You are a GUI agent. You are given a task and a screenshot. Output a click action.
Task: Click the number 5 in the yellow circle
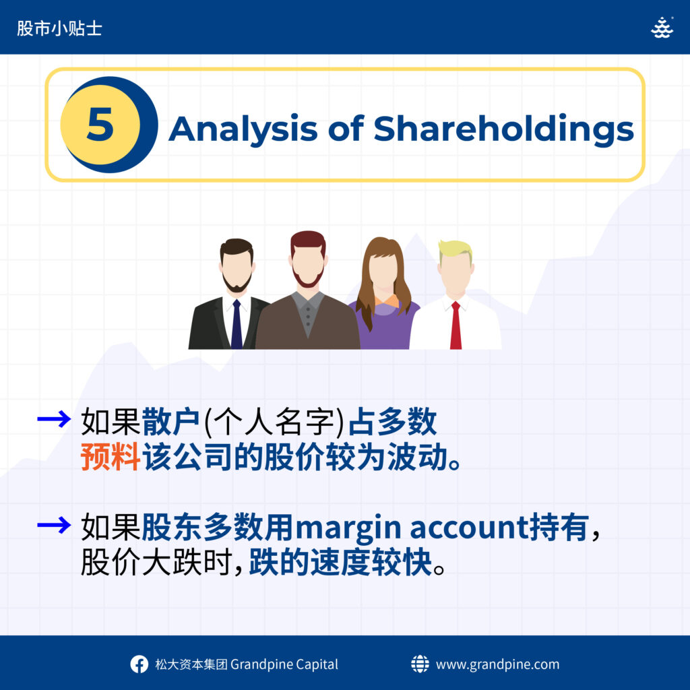point(100,124)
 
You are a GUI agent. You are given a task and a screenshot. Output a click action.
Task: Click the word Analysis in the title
point(243,130)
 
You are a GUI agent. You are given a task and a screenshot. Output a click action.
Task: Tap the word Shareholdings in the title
point(504,130)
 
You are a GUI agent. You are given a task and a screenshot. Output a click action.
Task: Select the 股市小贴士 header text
point(59,28)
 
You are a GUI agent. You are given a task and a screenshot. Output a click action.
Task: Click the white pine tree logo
point(662,28)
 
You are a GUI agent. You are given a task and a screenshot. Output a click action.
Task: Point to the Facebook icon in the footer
point(139,664)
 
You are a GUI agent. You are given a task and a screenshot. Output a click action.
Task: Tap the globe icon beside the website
point(420,664)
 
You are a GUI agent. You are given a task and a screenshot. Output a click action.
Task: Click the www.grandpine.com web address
point(497,664)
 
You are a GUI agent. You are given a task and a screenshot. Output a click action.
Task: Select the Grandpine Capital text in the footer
point(284,664)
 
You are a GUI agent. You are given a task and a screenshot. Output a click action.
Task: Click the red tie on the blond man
point(456,325)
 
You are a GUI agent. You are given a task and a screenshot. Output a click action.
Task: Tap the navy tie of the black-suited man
point(237,324)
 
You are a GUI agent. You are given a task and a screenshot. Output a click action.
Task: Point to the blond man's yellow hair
point(456,249)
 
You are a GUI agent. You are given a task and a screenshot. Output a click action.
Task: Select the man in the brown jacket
point(308,290)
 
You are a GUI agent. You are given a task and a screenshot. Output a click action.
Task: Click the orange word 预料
point(111,458)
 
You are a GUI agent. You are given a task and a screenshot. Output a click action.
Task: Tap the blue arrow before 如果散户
point(54,419)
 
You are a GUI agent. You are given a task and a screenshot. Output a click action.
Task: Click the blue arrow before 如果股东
point(54,525)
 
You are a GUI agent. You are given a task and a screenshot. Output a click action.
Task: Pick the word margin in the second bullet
point(348,528)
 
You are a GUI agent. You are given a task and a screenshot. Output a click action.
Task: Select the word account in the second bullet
point(470,527)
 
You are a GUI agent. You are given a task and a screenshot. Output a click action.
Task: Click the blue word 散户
point(170,422)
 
